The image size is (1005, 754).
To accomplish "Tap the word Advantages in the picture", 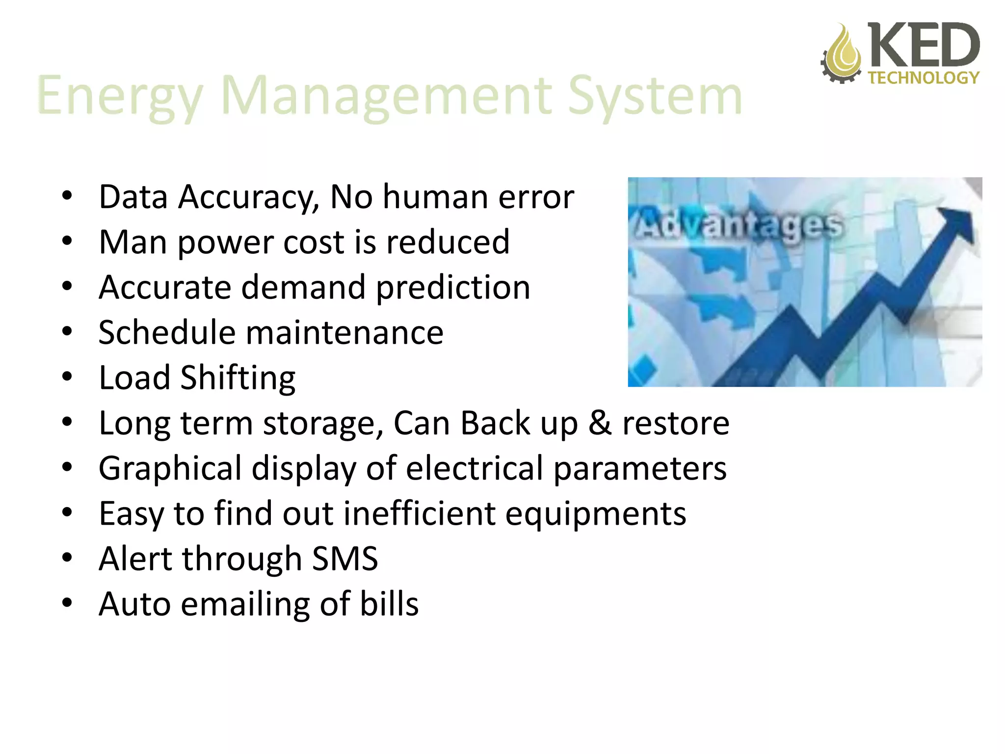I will [739, 225].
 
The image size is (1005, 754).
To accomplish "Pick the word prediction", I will [453, 287].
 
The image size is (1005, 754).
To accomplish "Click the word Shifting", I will [238, 378].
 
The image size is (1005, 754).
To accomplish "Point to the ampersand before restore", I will [600, 423].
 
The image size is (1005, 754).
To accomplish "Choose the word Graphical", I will [170, 468].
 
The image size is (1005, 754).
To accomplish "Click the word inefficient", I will [420, 513].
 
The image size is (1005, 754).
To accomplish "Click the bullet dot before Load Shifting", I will [67, 377].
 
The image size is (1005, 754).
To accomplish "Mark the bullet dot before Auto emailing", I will [67, 603].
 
